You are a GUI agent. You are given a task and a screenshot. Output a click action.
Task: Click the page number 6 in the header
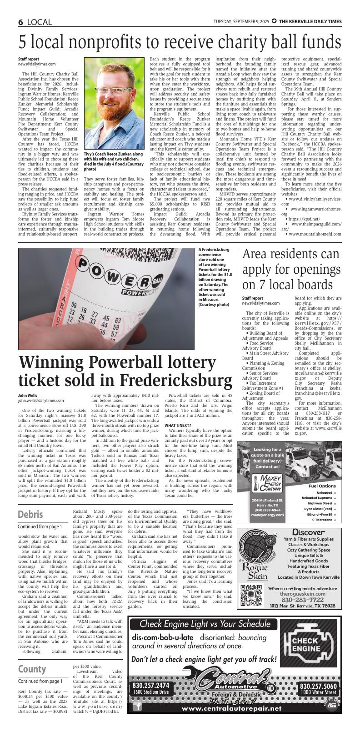coord(21,22)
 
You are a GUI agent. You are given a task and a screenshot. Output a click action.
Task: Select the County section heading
coord(32,669)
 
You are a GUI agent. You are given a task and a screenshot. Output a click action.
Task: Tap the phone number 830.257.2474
coord(150,686)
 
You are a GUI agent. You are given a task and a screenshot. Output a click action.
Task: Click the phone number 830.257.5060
coord(318,686)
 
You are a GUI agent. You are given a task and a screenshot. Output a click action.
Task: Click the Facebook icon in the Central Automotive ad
coord(137,707)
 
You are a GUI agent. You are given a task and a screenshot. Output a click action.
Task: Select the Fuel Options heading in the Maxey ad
coord(322,486)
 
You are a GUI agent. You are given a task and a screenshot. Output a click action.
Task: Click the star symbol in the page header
coord(274,22)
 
